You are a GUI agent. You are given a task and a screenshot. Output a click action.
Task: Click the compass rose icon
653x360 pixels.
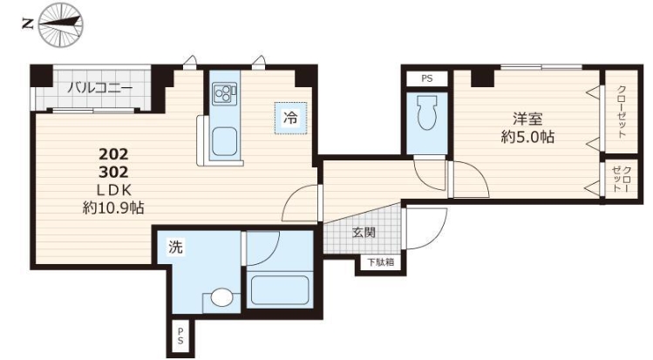(61, 24)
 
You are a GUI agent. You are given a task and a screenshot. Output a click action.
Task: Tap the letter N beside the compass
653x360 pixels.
(28, 24)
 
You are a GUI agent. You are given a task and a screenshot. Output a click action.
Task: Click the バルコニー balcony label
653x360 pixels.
(100, 88)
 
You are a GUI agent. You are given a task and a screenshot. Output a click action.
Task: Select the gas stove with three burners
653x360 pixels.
(224, 93)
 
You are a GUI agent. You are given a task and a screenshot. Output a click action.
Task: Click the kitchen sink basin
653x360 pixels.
(224, 141)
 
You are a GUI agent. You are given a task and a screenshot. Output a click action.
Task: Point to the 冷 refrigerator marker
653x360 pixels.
(290, 118)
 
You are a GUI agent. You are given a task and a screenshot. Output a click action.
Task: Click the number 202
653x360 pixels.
(113, 154)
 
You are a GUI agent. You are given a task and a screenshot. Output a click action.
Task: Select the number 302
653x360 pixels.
(113, 172)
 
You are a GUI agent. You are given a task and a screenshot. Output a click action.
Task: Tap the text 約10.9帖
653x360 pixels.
(113, 207)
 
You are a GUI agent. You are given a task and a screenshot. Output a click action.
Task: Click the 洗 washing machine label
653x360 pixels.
(175, 247)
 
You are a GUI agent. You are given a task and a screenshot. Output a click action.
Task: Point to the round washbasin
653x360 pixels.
(221, 297)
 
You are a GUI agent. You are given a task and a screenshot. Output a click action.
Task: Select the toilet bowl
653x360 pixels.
(426, 112)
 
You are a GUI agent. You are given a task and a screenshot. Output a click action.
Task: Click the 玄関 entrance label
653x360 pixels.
(364, 233)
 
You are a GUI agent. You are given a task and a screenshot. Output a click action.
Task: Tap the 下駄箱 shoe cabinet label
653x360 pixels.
(380, 262)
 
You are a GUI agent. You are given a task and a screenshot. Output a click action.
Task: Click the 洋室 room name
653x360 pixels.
(527, 119)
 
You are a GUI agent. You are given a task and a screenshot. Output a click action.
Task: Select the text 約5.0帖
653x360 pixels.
(527, 137)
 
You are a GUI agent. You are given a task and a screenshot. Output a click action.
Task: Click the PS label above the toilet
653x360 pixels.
(427, 78)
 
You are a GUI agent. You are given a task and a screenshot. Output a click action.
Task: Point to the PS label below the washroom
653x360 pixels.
(180, 336)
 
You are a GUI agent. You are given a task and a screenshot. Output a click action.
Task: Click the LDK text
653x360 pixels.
(114, 190)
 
